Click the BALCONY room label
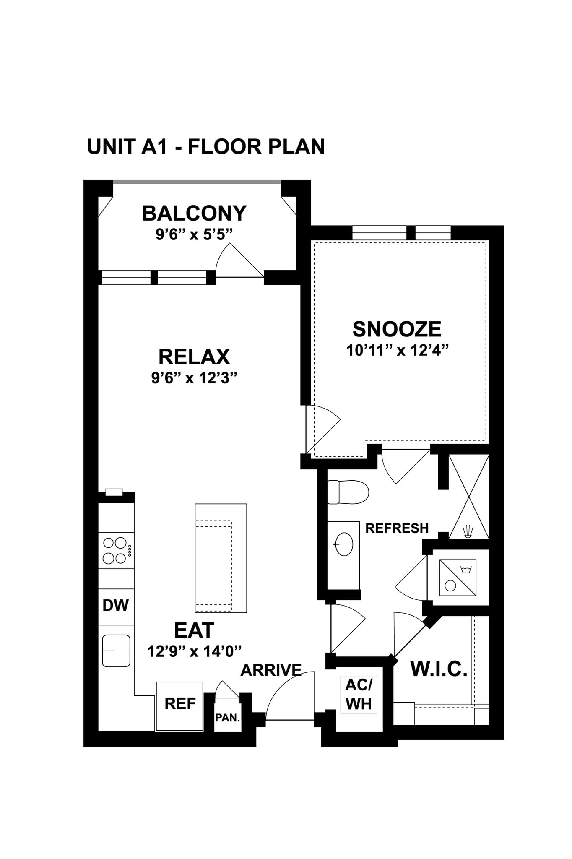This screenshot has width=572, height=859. point(194,213)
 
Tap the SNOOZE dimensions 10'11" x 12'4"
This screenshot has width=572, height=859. point(398,350)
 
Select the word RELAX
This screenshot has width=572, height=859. point(194,357)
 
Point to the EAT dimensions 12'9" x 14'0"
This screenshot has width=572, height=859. point(195,651)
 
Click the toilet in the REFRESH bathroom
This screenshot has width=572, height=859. point(348,492)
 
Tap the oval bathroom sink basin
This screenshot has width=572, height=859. point(344,544)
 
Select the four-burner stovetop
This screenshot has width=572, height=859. point(115,550)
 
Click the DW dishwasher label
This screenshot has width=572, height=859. point(116,605)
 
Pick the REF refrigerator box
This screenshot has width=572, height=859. point(179,703)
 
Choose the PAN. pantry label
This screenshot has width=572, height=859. point(227,718)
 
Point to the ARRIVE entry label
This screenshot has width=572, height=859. point(271,670)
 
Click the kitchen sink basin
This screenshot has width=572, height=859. point(116,651)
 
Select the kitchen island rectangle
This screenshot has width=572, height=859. point(221,558)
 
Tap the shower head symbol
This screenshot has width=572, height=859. point(468,531)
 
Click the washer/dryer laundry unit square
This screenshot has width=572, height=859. point(458,578)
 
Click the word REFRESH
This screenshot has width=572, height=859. point(397,528)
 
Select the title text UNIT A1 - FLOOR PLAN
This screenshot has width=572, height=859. point(206,147)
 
